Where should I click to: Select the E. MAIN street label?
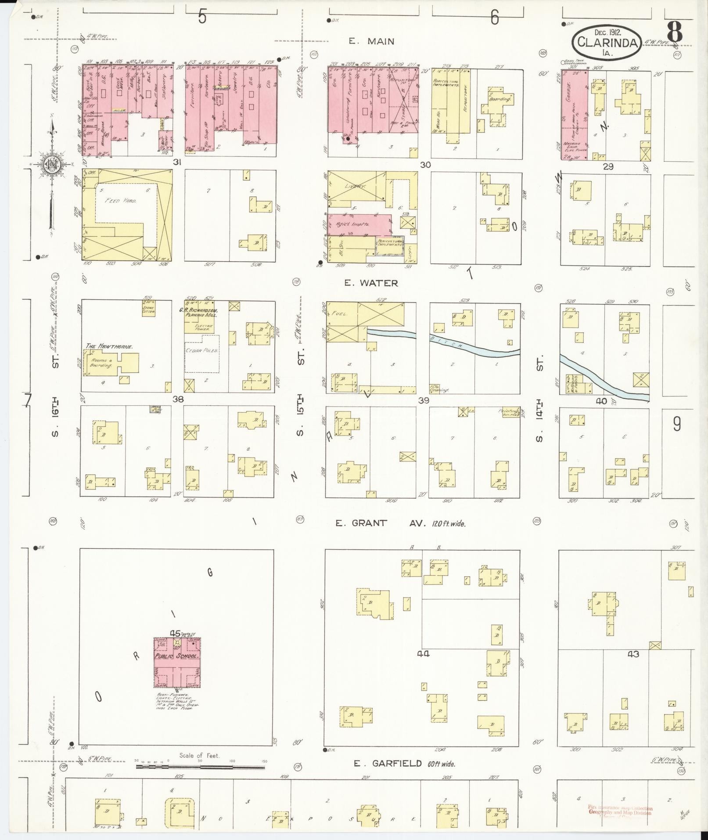[x=371, y=41]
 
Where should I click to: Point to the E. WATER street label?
[x=371, y=283]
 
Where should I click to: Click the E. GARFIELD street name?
[x=388, y=764]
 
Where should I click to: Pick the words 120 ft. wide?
[x=449, y=523]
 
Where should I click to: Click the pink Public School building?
[x=177, y=668]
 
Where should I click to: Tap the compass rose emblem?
[x=51, y=165]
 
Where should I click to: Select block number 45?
[x=175, y=633]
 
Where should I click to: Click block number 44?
[x=423, y=654]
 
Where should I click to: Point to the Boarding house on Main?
[x=501, y=99]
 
